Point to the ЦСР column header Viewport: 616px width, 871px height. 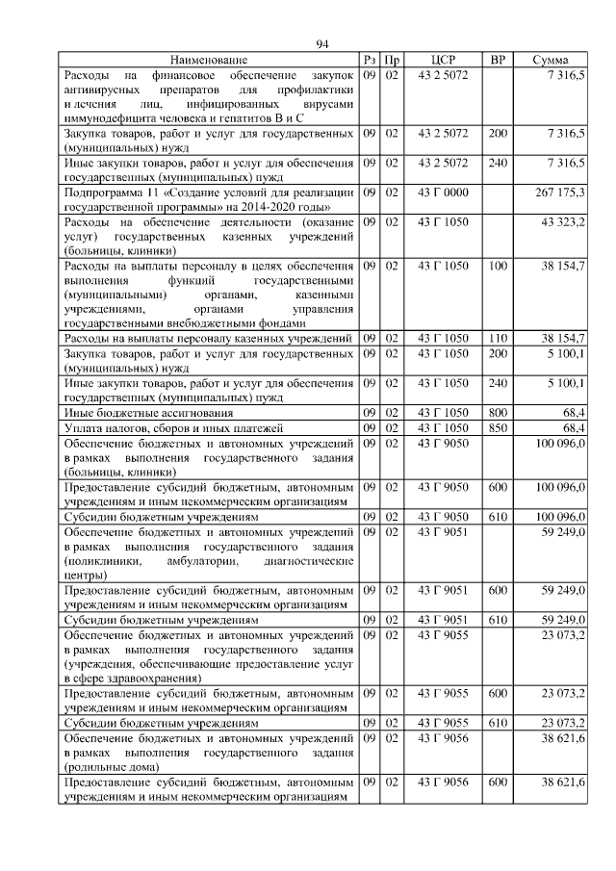[443, 60]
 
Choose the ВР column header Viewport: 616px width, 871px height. [498, 60]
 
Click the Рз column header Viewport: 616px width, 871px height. [369, 60]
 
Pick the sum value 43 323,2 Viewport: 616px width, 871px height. [563, 222]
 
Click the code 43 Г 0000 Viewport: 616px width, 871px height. [443, 192]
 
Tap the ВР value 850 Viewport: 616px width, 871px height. [498, 427]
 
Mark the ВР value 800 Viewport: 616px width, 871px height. [498, 413]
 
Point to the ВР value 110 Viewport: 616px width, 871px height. [498, 339]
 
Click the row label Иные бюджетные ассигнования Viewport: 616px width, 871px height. [134, 413]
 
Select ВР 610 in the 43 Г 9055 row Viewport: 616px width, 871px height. [498, 722]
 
